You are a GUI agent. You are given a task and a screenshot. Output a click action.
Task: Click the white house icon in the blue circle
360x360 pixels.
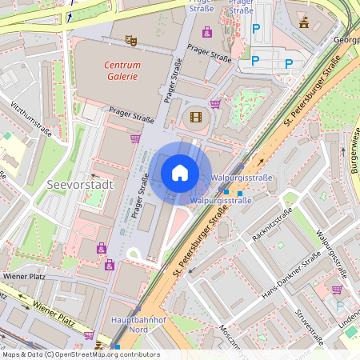[180, 172]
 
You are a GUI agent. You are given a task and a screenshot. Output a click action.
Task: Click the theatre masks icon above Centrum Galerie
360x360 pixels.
[131, 38]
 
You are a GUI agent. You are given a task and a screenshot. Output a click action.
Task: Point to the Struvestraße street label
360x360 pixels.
[309, 326]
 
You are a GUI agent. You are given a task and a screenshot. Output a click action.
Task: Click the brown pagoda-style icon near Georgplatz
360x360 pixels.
[303, 23]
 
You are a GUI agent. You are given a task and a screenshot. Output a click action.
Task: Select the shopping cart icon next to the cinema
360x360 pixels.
[215, 103]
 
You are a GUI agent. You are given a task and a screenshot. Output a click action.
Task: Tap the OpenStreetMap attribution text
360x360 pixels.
[81, 354]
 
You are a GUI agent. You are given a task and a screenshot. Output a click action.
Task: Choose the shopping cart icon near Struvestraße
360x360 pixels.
[337, 290]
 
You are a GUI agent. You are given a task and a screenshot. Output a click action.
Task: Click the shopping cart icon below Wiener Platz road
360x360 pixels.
[89, 335]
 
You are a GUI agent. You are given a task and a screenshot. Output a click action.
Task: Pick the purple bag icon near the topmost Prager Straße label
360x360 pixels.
[207, 32]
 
